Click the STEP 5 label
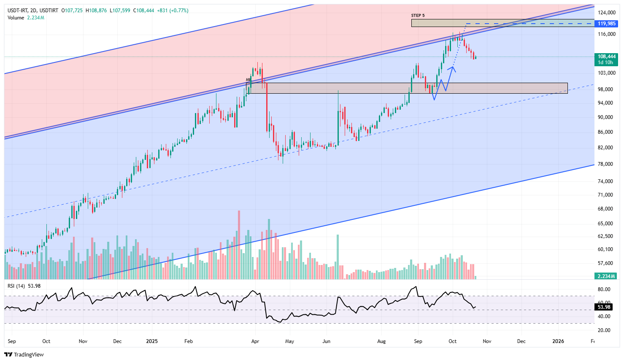point(418,16)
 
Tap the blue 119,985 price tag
point(607,24)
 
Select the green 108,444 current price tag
point(607,57)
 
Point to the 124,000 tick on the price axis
point(607,13)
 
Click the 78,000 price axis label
point(605,164)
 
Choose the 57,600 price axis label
point(605,263)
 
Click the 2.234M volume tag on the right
point(607,276)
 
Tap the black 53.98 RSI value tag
point(604,307)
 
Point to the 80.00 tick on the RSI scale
point(604,289)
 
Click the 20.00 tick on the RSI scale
point(604,330)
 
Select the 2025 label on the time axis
point(152,341)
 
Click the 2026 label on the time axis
point(558,341)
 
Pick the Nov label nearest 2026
point(487,341)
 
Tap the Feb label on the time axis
point(189,341)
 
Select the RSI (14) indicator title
point(16,286)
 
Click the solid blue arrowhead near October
point(452,68)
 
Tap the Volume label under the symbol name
point(16,18)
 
